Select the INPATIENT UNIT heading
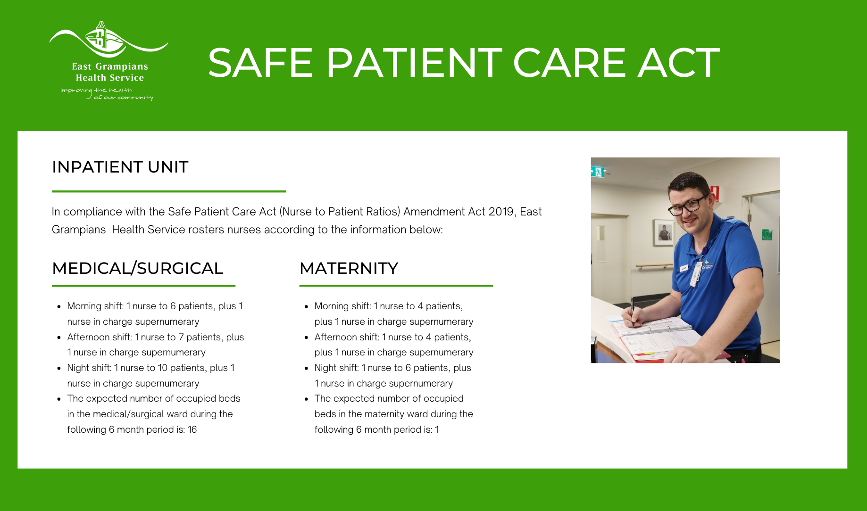click(120, 167)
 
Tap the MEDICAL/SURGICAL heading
click(138, 268)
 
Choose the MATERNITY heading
click(349, 268)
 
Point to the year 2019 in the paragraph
click(501, 212)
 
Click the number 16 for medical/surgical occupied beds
click(192, 429)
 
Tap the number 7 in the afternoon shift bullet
click(181, 337)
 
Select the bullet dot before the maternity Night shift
click(306, 369)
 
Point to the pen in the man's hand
click(633, 311)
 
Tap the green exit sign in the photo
click(598, 172)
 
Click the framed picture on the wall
click(664, 232)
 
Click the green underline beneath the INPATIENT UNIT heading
click(169, 191)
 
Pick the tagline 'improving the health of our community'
click(107, 94)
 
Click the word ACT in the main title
click(679, 63)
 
